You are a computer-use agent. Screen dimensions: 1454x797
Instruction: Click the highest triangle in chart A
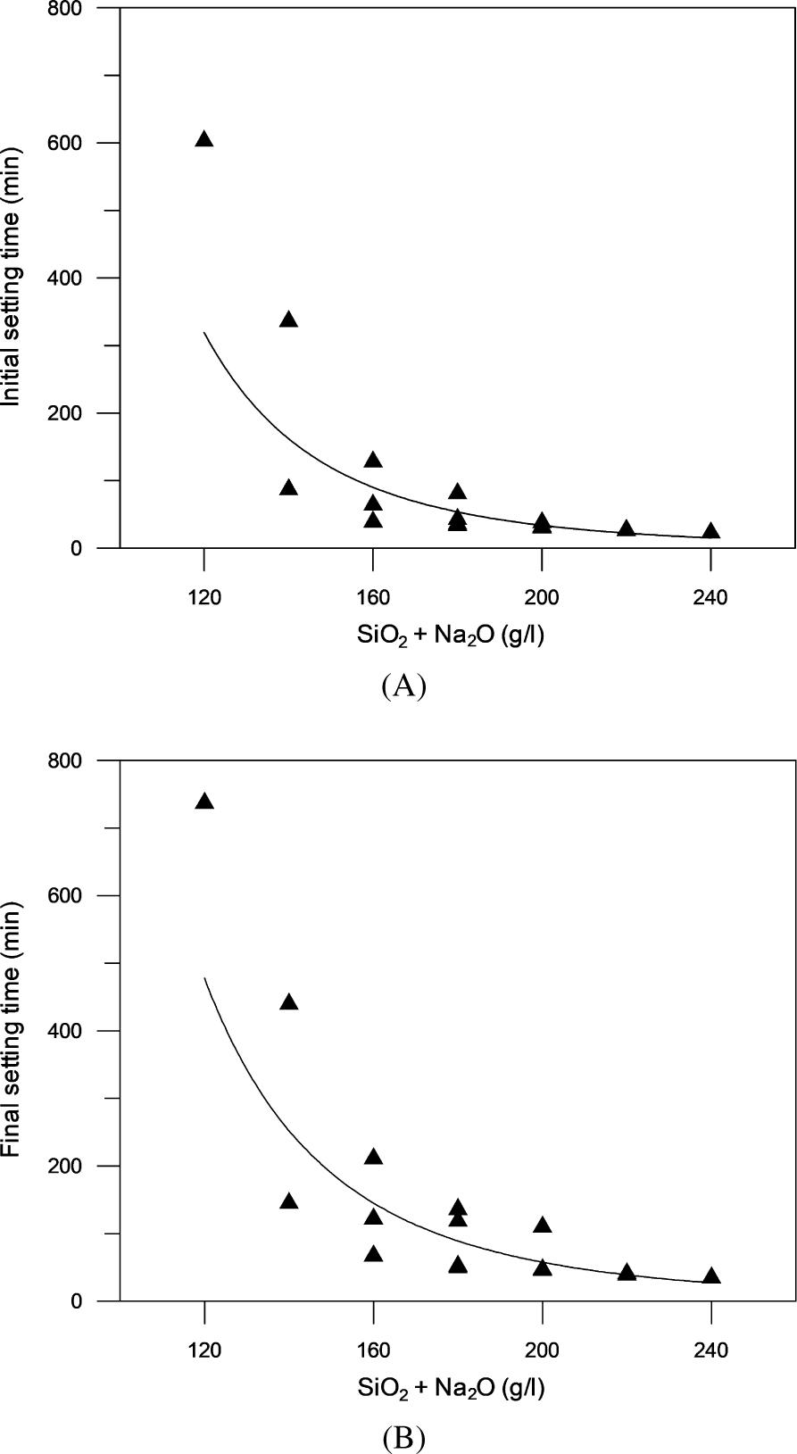coord(204,139)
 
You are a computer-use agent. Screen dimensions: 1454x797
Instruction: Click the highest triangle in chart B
coord(204,802)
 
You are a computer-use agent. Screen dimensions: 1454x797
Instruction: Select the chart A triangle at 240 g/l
coord(710,532)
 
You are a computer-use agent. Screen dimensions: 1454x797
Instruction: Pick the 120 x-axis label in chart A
coord(204,597)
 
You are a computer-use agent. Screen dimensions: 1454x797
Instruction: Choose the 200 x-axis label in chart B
coord(542,1350)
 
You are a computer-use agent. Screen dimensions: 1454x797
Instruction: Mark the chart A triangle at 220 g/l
coord(627,528)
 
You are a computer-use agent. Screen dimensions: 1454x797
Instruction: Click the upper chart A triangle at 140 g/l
coord(288,320)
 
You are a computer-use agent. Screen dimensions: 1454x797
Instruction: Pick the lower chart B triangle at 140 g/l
coord(288,1201)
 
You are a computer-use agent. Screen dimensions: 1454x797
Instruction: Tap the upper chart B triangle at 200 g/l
coord(542,1226)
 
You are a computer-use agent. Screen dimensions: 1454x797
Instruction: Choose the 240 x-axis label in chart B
coord(710,1350)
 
